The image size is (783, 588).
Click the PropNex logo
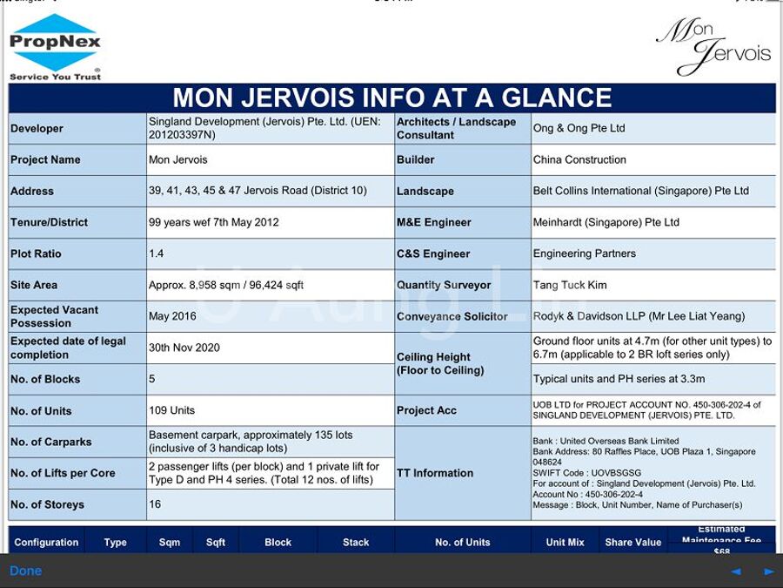click(x=56, y=46)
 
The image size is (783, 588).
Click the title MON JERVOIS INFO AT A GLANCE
click(x=391, y=98)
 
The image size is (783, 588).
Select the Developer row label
click(x=37, y=128)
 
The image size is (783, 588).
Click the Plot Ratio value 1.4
click(x=157, y=253)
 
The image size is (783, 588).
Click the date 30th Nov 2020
click(x=184, y=348)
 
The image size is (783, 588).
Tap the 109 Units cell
click(x=172, y=410)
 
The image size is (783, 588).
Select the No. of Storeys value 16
click(x=155, y=504)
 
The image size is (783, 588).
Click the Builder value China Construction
click(x=579, y=159)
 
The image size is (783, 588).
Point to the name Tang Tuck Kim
click(x=570, y=285)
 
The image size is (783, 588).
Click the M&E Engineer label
click(x=434, y=222)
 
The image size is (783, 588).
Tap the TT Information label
click(x=435, y=473)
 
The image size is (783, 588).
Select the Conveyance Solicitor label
click(x=452, y=316)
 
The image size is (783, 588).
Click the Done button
click(x=25, y=571)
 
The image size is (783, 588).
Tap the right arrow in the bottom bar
click(x=769, y=571)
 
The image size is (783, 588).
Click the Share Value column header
click(x=632, y=542)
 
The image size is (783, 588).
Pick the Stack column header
click(x=356, y=542)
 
